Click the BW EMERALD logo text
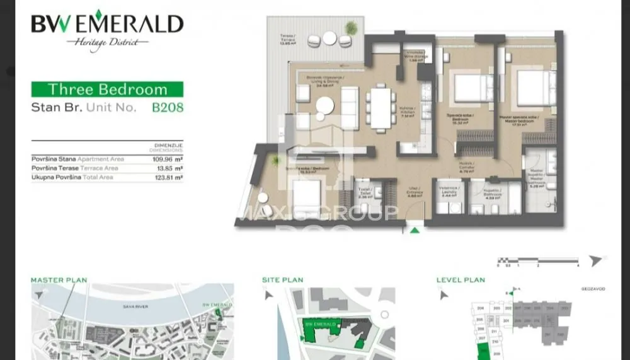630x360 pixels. (107, 25)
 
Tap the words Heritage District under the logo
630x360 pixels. (107, 43)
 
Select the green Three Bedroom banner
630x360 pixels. (107, 89)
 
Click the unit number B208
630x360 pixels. (168, 107)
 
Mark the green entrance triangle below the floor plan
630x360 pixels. (415, 231)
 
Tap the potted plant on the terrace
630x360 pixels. (352, 28)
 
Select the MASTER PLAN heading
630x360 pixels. (59, 280)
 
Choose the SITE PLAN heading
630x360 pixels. (282, 280)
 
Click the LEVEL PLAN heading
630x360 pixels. (461, 280)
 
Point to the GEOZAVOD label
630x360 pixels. (593, 289)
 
